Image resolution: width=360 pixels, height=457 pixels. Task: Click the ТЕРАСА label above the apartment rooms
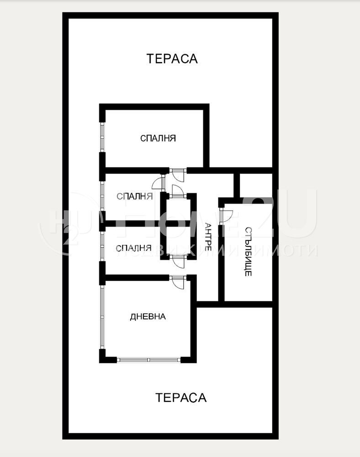[x=172, y=58]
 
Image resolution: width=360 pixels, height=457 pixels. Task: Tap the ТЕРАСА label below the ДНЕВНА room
[x=181, y=398]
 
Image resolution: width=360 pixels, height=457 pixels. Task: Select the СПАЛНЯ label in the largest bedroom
[x=158, y=138]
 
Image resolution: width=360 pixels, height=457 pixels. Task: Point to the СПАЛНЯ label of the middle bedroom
[x=134, y=197]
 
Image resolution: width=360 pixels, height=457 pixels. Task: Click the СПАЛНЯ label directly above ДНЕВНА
[x=133, y=248]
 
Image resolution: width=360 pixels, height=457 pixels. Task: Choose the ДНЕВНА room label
[x=148, y=316]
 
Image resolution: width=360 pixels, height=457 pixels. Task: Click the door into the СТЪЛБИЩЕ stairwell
[x=226, y=215]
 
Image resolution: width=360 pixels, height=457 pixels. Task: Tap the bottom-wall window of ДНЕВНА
[x=149, y=360]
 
